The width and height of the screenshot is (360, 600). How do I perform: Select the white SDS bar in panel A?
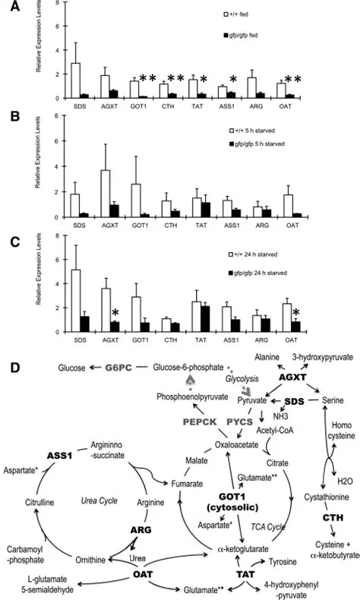point(76,81)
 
